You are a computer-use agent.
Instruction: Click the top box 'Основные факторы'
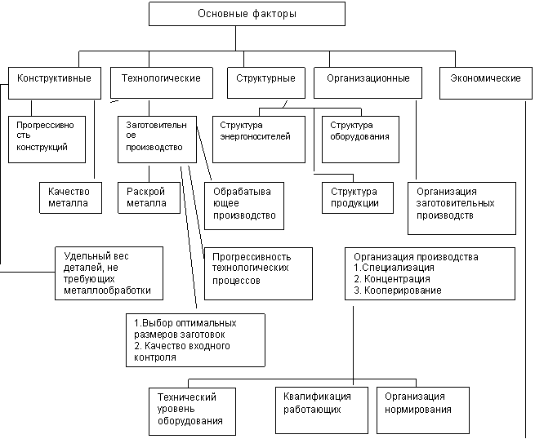click(247, 14)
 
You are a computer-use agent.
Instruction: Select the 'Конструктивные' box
click(55, 83)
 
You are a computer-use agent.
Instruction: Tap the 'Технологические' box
click(162, 83)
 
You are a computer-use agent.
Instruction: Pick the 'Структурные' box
click(266, 83)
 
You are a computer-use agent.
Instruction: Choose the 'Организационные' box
click(368, 83)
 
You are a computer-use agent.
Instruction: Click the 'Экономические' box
click(486, 83)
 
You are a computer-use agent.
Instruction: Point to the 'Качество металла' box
click(70, 198)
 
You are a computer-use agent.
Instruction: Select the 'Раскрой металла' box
click(149, 198)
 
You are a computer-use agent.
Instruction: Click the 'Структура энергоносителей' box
click(259, 140)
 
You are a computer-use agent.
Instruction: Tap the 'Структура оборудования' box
click(361, 140)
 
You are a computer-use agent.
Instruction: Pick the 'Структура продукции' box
click(358, 198)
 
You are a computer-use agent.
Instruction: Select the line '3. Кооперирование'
click(398, 290)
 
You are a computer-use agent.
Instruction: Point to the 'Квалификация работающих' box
click(322, 410)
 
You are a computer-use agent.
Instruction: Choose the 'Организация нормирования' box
click(423, 410)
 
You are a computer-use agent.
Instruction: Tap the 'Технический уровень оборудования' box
click(193, 411)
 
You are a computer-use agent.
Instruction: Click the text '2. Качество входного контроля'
click(182, 352)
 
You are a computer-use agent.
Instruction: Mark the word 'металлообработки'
click(107, 290)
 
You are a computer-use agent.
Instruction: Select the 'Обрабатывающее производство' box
click(244, 206)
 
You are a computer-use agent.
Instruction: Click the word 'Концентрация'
click(397, 279)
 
